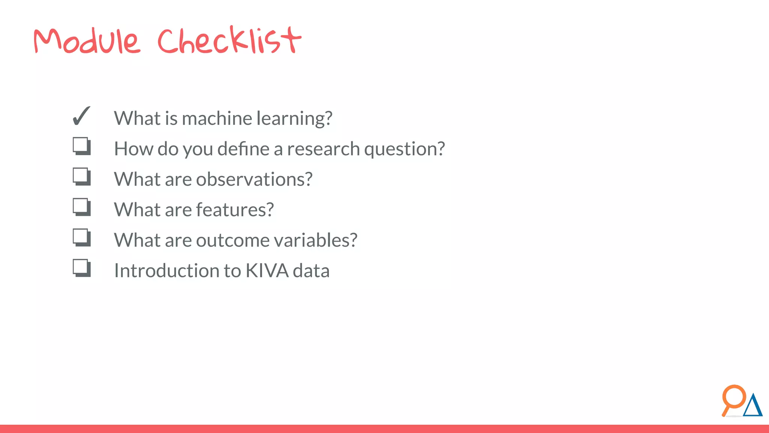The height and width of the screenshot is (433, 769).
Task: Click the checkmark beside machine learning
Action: (x=81, y=116)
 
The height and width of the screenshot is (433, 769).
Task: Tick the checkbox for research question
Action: (x=81, y=146)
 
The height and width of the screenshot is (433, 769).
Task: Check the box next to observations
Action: (x=81, y=176)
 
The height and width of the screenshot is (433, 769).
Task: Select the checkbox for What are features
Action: (x=81, y=207)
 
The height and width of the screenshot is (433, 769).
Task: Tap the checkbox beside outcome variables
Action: (x=81, y=237)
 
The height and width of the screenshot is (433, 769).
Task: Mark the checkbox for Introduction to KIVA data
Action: (x=81, y=268)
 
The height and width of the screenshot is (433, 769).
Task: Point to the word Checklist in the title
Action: (x=229, y=40)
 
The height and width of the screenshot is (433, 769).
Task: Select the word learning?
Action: (x=294, y=119)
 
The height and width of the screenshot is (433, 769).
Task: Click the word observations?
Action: (x=254, y=179)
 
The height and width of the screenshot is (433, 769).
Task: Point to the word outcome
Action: (x=232, y=240)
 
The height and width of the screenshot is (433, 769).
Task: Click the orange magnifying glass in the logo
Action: (x=733, y=398)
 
